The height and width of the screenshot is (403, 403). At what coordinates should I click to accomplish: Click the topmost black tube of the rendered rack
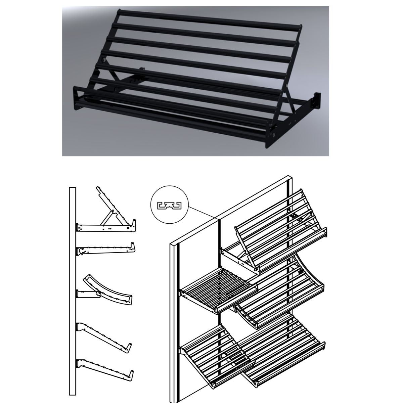pyautogui.click(x=208, y=19)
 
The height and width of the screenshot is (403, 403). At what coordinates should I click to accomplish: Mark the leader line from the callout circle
pyautogui.click(x=201, y=212)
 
